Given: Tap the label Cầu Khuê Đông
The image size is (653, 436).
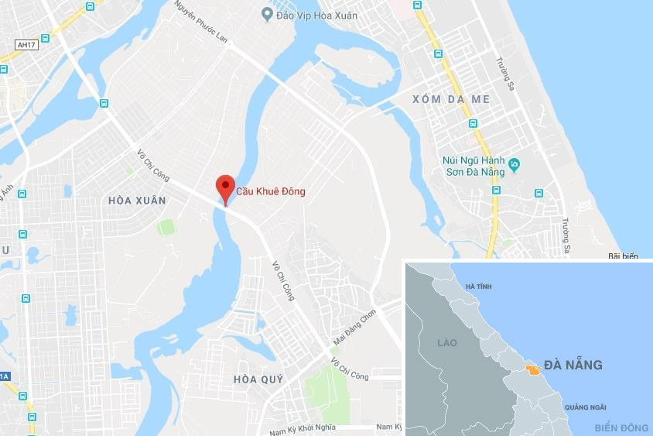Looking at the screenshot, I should point(271,191).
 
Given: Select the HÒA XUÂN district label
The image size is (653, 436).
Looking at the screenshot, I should point(137,201).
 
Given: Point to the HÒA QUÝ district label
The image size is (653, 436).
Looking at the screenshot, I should point(258,379).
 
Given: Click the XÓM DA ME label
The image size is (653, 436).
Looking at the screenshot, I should point(451,99).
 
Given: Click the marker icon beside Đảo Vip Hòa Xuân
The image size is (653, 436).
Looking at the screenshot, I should point(268,13).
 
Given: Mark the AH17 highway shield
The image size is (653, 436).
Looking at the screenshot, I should point(27,45).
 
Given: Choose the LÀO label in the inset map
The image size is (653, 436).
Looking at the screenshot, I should point(446,342).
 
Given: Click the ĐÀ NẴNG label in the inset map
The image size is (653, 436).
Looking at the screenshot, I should point(573,365).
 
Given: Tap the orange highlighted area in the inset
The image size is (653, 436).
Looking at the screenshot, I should point(532,370).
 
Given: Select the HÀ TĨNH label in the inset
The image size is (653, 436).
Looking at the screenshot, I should point(478,287).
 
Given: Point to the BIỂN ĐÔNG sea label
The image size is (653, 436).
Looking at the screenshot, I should point(621,427).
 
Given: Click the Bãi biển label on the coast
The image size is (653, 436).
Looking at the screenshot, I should point(623,256).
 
